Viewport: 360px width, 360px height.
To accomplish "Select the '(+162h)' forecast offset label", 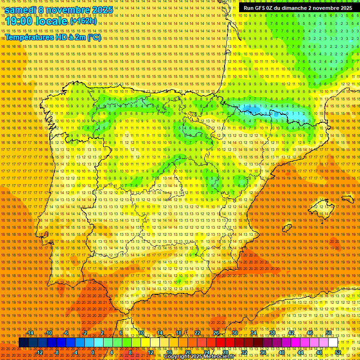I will pyautogui.click(x=83, y=21).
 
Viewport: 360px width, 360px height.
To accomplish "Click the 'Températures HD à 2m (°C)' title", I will pyautogui.click(x=53, y=37).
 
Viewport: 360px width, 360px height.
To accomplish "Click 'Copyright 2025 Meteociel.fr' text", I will pyautogui.click(x=199, y=357).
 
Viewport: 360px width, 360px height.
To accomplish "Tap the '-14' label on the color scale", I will pyautogui.click(x=30, y=333).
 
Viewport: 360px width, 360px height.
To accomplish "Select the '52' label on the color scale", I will pyautogui.click(x=338, y=352).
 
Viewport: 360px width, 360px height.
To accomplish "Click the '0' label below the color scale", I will pyautogui.click(x=93, y=352).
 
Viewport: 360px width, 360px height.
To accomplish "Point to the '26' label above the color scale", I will pyautogui.click(x=216, y=333).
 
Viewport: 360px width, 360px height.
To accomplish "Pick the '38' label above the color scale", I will pyautogui.click(x=272, y=333).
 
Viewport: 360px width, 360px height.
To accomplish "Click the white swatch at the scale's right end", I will pyautogui.click(x=333, y=343).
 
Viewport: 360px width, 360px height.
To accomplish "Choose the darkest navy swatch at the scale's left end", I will pyautogui.click(x=23, y=343).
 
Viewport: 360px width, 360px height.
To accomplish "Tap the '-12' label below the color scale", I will pyautogui.click(x=39, y=352).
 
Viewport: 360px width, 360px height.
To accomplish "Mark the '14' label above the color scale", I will pyautogui.click(x=159, y=333).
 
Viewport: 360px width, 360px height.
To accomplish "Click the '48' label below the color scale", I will pyautogui.click(x=319, y=352).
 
